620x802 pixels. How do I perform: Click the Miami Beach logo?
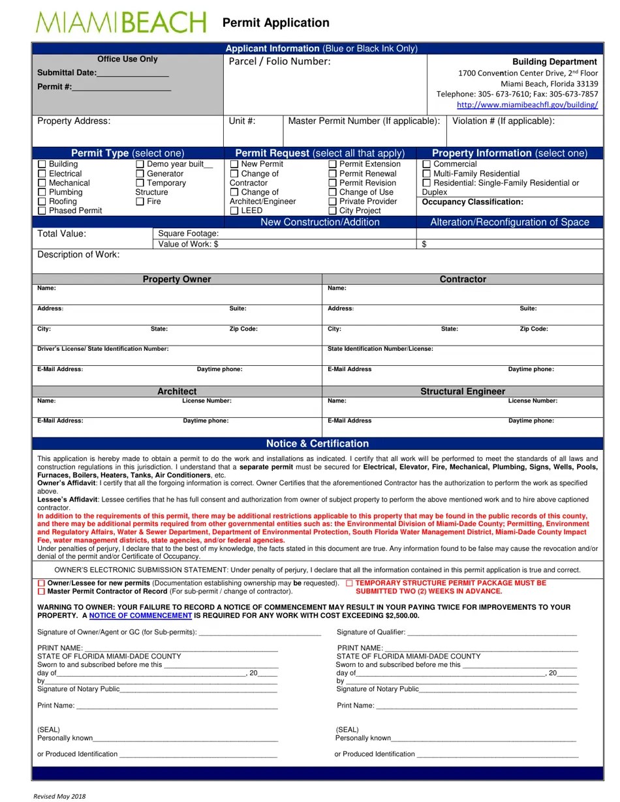[121, 23]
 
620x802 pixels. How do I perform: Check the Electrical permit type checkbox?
[42, 174]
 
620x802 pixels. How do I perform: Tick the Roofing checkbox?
[42, 202]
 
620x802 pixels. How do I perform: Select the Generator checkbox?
[140, 174]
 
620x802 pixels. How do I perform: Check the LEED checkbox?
[234, 211]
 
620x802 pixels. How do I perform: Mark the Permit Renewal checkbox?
[333, 174]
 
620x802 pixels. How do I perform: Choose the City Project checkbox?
[333, 211]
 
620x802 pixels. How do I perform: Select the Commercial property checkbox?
[427, 164]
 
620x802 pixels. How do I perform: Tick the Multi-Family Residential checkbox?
[427, 174]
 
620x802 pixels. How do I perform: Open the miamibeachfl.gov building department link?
[527, 104]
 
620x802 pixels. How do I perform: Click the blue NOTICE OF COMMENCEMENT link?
[140, 616]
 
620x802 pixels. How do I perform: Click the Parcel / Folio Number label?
[279, 62]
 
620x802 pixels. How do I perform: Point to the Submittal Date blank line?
[132, 74]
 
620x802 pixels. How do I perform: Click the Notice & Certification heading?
[317, 444]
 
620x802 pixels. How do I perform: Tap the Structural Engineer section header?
[462, 392]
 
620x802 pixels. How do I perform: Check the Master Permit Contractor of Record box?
[42, 591]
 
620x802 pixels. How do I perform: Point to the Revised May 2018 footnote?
[59, 796]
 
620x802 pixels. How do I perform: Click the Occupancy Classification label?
[473, 202]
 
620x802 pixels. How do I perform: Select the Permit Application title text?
[275, 23]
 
